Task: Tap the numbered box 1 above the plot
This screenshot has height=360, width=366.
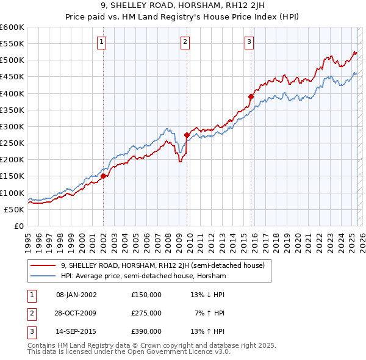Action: click(101, 42)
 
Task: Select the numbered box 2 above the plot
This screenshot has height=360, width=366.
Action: click(185, 42)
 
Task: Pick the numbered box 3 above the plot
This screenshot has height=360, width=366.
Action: click(249, 42)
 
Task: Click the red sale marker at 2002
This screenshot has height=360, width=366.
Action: click(104, 176)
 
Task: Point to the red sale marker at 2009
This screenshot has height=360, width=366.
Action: click(187, 135)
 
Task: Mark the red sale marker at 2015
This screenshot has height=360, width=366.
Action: click(251, 96)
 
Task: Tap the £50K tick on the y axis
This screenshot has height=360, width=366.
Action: click(15, 209)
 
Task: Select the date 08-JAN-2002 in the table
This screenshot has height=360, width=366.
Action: click(76, 295)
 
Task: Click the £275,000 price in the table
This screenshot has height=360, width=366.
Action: click(146, 313)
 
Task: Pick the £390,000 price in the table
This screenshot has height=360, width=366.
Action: click(146, 331)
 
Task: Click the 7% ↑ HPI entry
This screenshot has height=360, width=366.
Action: click(210, 313)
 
